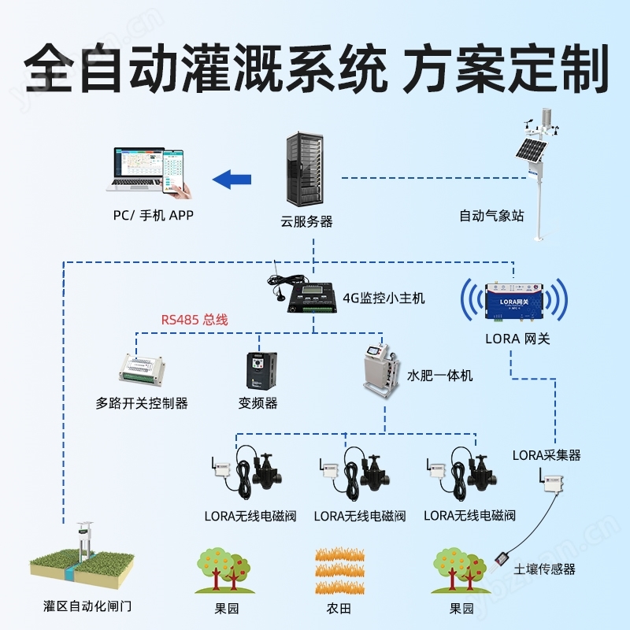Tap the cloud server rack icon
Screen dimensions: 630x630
click(303, 169)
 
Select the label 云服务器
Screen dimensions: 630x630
click(306, 221)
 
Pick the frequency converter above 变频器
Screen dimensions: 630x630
click(258, 369)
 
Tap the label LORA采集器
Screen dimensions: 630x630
click(546, 455)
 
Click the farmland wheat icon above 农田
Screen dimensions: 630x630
click(338, 569)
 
